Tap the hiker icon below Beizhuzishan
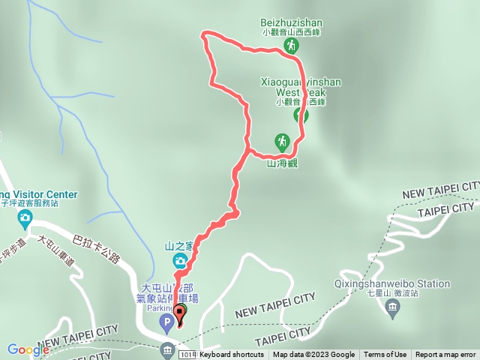coord(290,46)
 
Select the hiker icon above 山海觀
coord(281,141)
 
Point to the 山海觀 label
coord(282,163)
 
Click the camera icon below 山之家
coord(180,261)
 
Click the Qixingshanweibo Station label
coord(392,284)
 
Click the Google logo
coord(28,349)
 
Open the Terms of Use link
coord(385,355)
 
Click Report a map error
coord(445,355)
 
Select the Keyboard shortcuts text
coord(232,355)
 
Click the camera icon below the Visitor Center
coord(25,220)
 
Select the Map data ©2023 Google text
coord(313,355)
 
